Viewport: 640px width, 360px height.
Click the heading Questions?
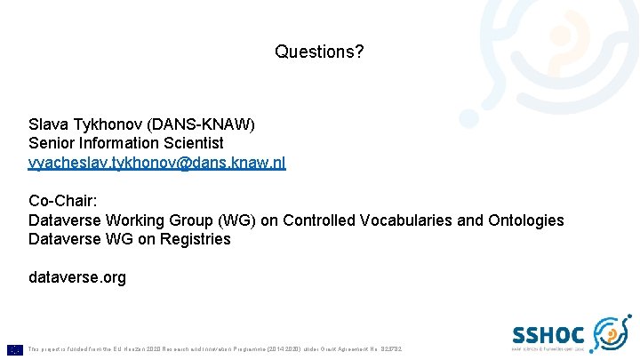(x=319, y=52)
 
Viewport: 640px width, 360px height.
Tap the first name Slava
(x=47, y=124)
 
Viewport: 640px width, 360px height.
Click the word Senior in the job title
(x=52, y=143)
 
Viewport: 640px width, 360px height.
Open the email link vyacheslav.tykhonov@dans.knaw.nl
(x=157, y=163)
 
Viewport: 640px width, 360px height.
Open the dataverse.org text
(x=77, y=278)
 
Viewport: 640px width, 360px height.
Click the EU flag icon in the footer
(x=15, y=349)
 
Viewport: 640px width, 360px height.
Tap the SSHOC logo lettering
(x=548, y=334)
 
